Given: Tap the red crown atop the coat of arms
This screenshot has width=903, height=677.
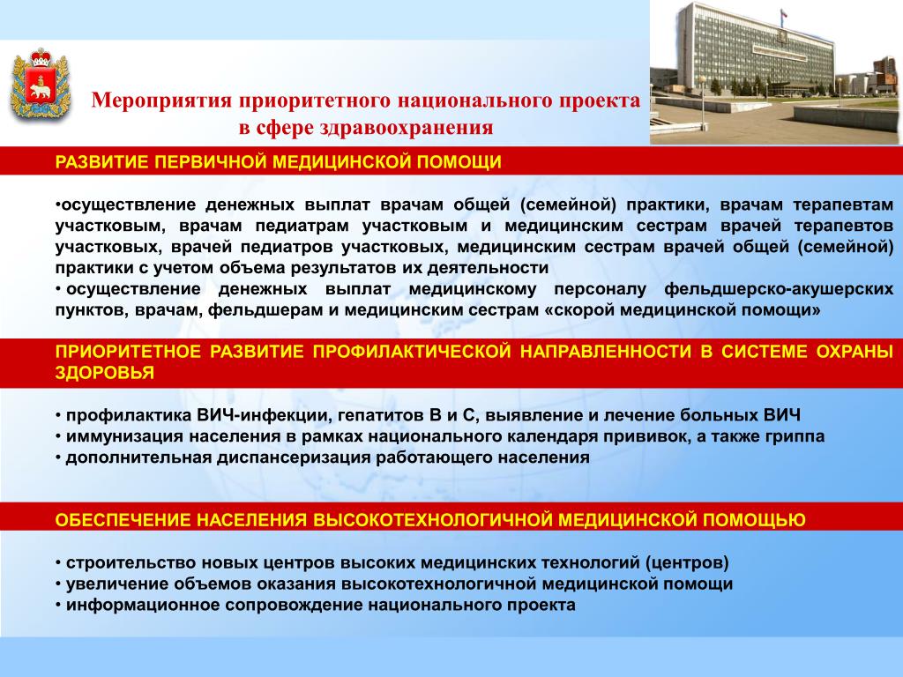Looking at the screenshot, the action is pos(41,57).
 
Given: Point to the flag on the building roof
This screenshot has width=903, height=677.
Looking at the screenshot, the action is pos(783,16).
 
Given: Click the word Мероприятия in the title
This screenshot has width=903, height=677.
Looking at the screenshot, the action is pos(161,101).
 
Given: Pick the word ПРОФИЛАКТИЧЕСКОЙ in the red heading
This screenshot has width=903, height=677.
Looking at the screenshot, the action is pos(412,352).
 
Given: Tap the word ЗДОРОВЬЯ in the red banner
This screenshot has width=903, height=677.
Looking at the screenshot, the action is pos(105,373).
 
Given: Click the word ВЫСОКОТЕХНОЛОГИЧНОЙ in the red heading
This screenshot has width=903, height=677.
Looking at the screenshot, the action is pos(433,520).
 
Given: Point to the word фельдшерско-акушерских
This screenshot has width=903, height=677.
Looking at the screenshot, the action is pos(779,289).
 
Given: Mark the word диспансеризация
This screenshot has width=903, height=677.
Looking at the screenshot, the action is pos(295,458).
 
